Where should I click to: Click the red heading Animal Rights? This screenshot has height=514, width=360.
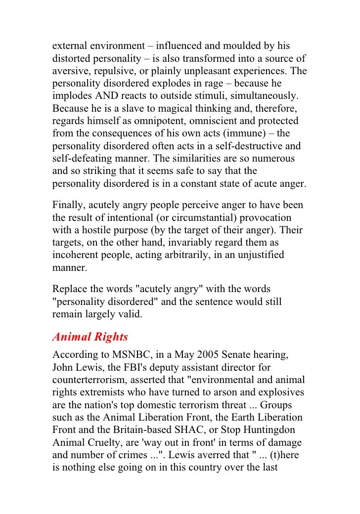click(90, 337)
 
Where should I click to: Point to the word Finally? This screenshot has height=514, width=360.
click(69, 205)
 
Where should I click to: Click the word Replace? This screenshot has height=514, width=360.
click(70, 288)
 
